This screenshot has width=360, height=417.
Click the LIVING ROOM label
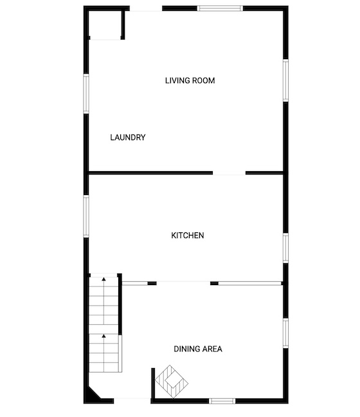pyautogui.click(x=190, y=80)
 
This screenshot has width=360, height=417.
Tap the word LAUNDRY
pyautogui.click(x=128, y=137)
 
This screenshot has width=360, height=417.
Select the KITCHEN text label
pyautogui.click(x=188, y=236)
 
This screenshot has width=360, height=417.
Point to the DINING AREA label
pyautogui.click(x=198, y=349)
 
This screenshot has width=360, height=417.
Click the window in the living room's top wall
pyautogui.click(x=220, y=8)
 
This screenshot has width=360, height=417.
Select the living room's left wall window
pyautogui.click(x=86, y=94)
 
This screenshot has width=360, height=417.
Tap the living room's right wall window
pyautogui.click(x=285, y=80)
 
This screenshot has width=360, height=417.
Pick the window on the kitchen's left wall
pyautogui.click(x=86, y=216)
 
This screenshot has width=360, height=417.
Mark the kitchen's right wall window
pyautogui.click(x=285, y=248)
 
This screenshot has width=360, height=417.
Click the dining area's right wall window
pyautogui.click(x=285, y=333)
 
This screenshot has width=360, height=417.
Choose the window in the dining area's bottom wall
pyautogui.click(x=222, y=401)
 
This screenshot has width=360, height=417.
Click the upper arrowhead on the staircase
pyautogui.click(x=104, y=279)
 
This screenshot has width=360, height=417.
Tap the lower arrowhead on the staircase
pyautogui.click(x=104, y=336)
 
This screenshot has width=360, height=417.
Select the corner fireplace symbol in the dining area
pyautogui.click(x=172, y=382)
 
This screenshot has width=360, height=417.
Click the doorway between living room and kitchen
pyautogui.click(x=229, y=173)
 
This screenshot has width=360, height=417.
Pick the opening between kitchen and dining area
pyautogui.click(x=183, y=283)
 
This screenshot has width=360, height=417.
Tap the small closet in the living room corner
pyautogui.click(x=105, y=24)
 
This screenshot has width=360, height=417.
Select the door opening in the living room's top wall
pyautogui.click(x=146, y=8)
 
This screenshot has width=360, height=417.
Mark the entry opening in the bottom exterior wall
pyautogui.click(x=132, y=401)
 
